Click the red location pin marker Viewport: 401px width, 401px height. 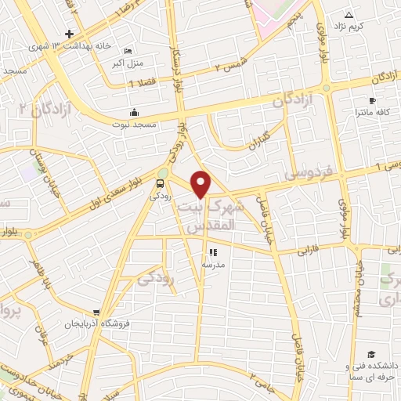pos(201,183)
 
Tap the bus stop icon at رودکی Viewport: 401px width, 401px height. pos(161,186)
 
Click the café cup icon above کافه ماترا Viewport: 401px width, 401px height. pos(372,101)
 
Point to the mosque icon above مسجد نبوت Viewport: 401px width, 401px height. pos(134,111)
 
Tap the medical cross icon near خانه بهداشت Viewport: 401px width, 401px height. pos(70,34)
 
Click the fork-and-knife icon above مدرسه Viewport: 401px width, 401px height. pos(213,252)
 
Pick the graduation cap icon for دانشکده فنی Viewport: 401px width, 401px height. pos(370,355)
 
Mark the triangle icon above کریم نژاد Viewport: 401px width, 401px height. pos(349,15)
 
